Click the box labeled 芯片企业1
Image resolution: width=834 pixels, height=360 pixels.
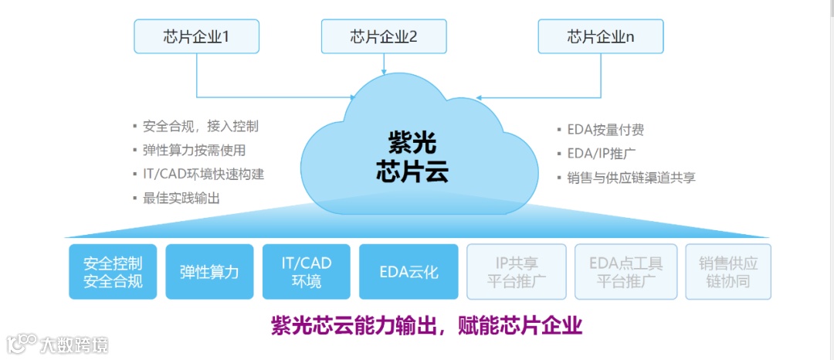click(x=196, y=36)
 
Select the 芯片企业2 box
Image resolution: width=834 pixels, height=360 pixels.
click(x=384, y=36)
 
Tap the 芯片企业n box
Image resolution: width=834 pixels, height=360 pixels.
click(x=601, y=36)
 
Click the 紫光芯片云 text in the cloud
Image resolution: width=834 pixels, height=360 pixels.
click(x=412, y=156)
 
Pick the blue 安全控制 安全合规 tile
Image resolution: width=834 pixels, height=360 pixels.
click(x=113, y=272)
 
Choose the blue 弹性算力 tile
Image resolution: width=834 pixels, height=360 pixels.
click(x=209, y=272)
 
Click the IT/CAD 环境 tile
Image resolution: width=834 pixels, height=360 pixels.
click(x=306, y=272)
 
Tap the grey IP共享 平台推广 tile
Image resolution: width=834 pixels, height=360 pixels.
click(x=517, y=272)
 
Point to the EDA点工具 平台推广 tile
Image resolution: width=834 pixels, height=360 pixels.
click(x=625, y=272)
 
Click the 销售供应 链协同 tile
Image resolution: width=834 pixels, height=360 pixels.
click(x=728, y=272)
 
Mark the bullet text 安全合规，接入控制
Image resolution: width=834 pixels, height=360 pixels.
click(x=201, y=126)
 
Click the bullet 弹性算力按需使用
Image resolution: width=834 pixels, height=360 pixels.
click(x=194, y=150)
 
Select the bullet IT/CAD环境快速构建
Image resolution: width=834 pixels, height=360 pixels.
click(x=203, y=174)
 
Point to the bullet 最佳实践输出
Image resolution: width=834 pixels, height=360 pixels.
click(x=181, y=198)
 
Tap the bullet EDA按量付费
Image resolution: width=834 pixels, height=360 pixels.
click(x=605, y=130)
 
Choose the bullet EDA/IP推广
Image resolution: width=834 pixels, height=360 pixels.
click(x=602, y=153)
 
